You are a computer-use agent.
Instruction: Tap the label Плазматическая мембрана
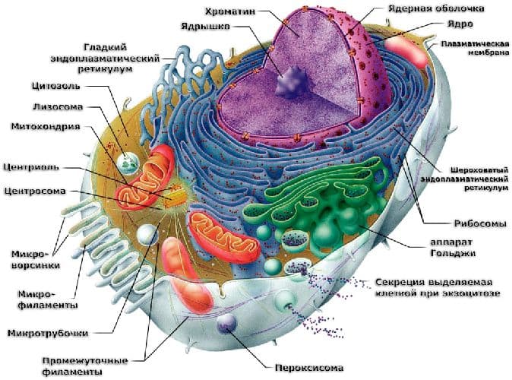pos(475,49)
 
